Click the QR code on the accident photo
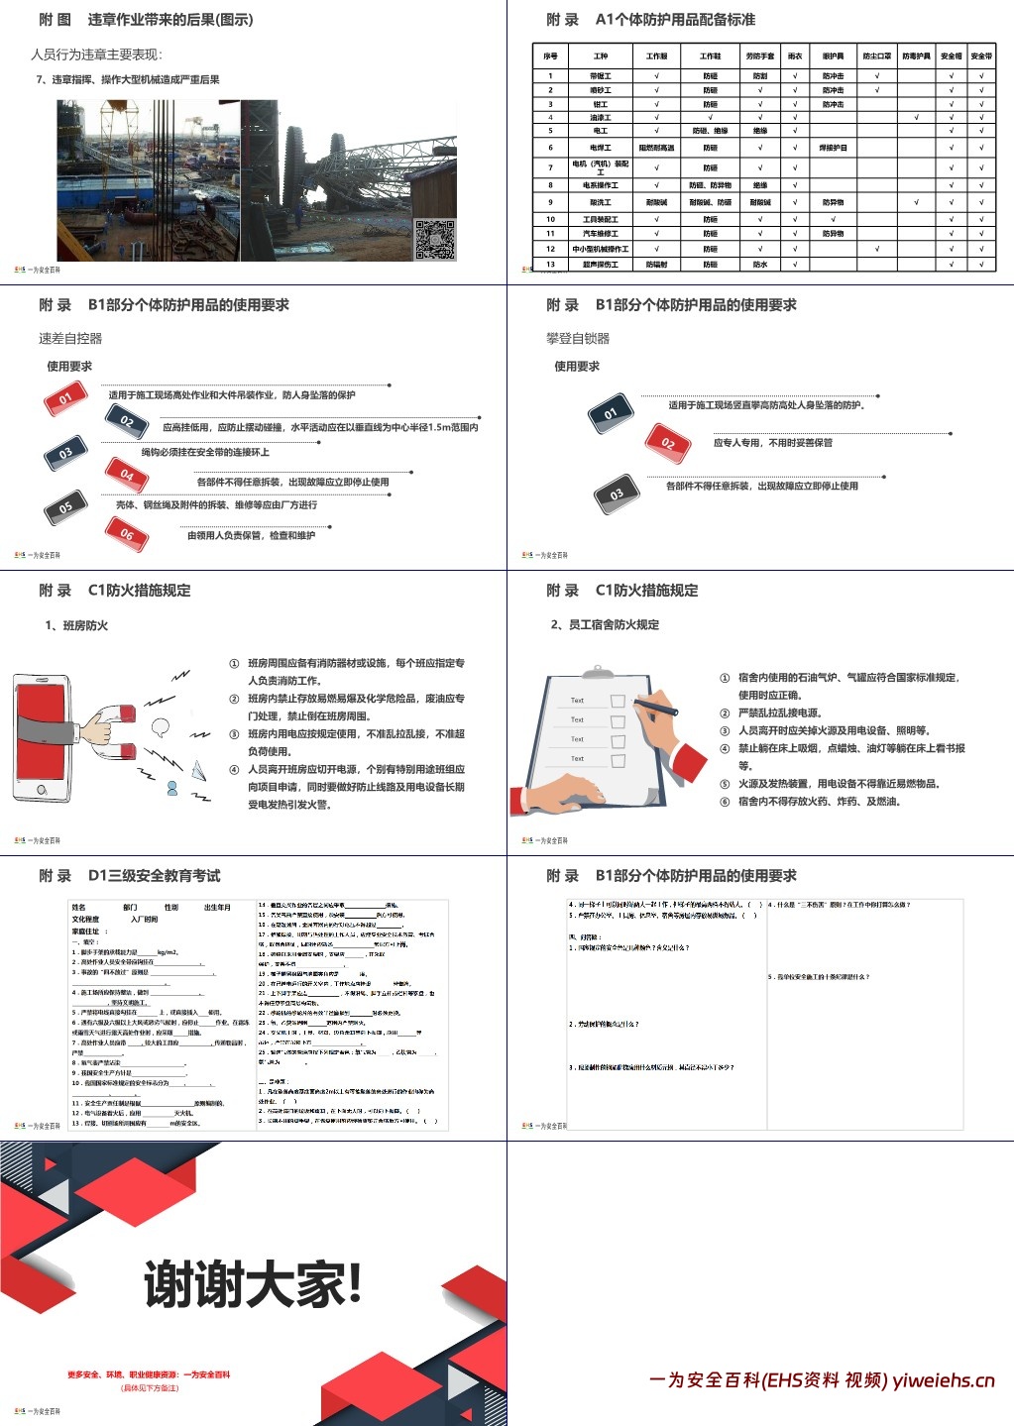pos(434,239)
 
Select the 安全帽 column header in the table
pos(951,56)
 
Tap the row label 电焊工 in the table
pos(600,148)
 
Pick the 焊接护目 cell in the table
pos(833,148)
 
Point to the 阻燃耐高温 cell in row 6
pos(656,148)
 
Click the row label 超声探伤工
pos(600,265)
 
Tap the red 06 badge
pos(127,535)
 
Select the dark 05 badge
pos(65,507)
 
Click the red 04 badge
pos(127,476)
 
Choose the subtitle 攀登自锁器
pos(578,338)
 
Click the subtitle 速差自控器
pos(70,338)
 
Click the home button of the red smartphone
pos(42,790)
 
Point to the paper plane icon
pos(197,769)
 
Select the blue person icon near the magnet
pos(172,788)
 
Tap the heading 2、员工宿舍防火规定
pos(605,624)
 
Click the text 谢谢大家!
pos(253,1285)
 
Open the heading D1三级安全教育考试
pos(154,876)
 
